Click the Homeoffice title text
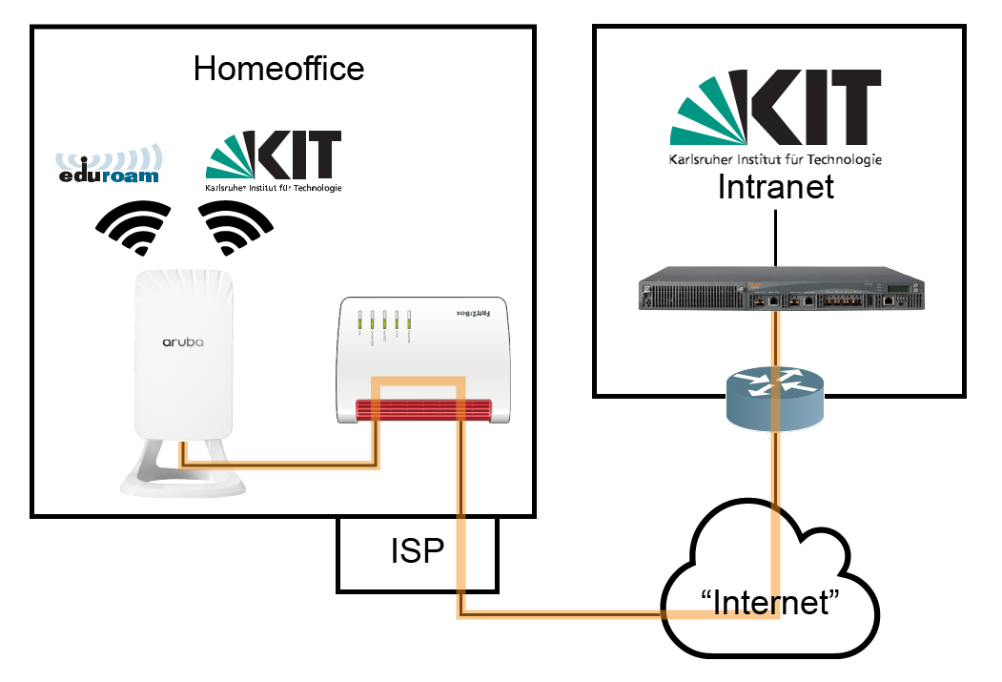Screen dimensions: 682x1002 [278, 69]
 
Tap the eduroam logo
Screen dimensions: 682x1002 [107, 164]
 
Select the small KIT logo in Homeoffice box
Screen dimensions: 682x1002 [273, 158]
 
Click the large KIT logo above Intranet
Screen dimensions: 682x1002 [774, 107]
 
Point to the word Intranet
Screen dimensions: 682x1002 [775, 186]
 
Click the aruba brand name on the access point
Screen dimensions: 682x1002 [183, 341]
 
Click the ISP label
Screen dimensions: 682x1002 [417, 552]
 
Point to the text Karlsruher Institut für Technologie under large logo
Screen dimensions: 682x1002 [774, 159]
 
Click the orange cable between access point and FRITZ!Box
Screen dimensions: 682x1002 [286, 465]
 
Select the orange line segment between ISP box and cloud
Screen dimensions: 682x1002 [572, 612]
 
